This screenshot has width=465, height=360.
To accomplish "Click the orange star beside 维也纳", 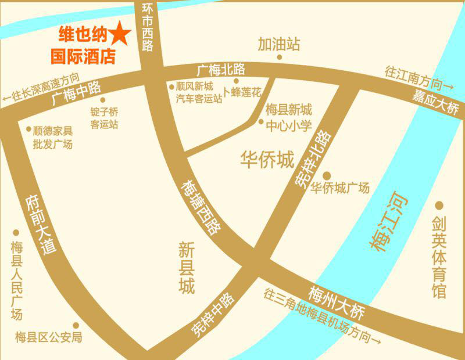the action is pyautogui.click(x=120, y=34).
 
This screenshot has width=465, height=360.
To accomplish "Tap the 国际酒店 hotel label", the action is pyautogui.click(x=83, y=57).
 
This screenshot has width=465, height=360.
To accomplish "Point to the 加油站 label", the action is pyautogui.click(x=280, y=44).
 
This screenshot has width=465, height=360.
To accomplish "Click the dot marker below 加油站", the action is pyautogui.click(x=280, y=57).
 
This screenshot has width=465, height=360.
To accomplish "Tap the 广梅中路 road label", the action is pyautogui.click(x=76, y=92).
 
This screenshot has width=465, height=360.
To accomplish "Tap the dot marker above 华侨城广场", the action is pyautogui.click(x=327, y=175).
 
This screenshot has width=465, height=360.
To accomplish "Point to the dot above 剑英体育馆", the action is pyautogui.click(x=439, y=206).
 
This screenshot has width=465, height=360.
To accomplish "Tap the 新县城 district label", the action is pyautogui.click(x=187, y=268).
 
